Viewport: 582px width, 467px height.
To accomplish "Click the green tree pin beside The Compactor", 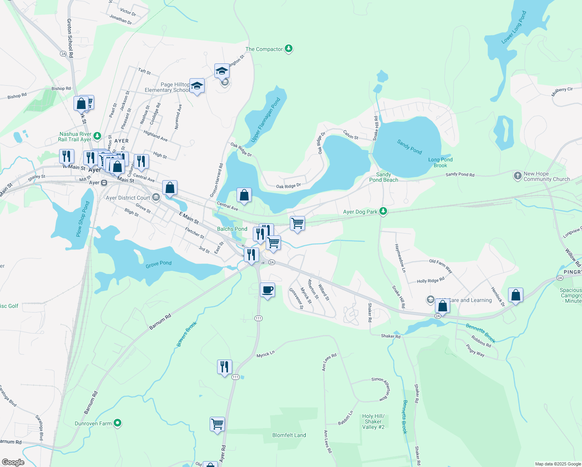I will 288,49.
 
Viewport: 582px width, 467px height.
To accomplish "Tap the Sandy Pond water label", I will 409,147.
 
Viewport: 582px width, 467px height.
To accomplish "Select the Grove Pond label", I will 158,264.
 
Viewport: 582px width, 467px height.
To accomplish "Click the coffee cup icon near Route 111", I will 267,290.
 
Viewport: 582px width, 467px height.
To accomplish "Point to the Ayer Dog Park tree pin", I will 383,211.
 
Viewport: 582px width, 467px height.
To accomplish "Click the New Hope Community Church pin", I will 517,176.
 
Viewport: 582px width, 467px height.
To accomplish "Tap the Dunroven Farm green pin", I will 118,423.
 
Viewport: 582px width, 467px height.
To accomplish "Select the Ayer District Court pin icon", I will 156,198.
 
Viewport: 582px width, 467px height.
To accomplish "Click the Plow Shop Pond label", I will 82,219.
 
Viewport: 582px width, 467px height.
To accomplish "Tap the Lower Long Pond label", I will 514,27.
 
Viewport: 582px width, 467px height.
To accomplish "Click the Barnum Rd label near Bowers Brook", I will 160,322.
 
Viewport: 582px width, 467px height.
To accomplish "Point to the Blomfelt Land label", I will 289,435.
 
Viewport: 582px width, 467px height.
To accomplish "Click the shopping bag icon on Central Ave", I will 244,195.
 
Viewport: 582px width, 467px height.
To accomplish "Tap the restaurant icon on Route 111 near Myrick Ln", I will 224,367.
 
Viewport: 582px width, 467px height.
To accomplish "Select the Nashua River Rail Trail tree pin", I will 97,136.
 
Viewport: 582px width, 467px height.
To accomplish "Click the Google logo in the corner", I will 13,462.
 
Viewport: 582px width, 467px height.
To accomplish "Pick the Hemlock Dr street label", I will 498,297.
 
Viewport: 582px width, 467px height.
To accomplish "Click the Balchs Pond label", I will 232,229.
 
